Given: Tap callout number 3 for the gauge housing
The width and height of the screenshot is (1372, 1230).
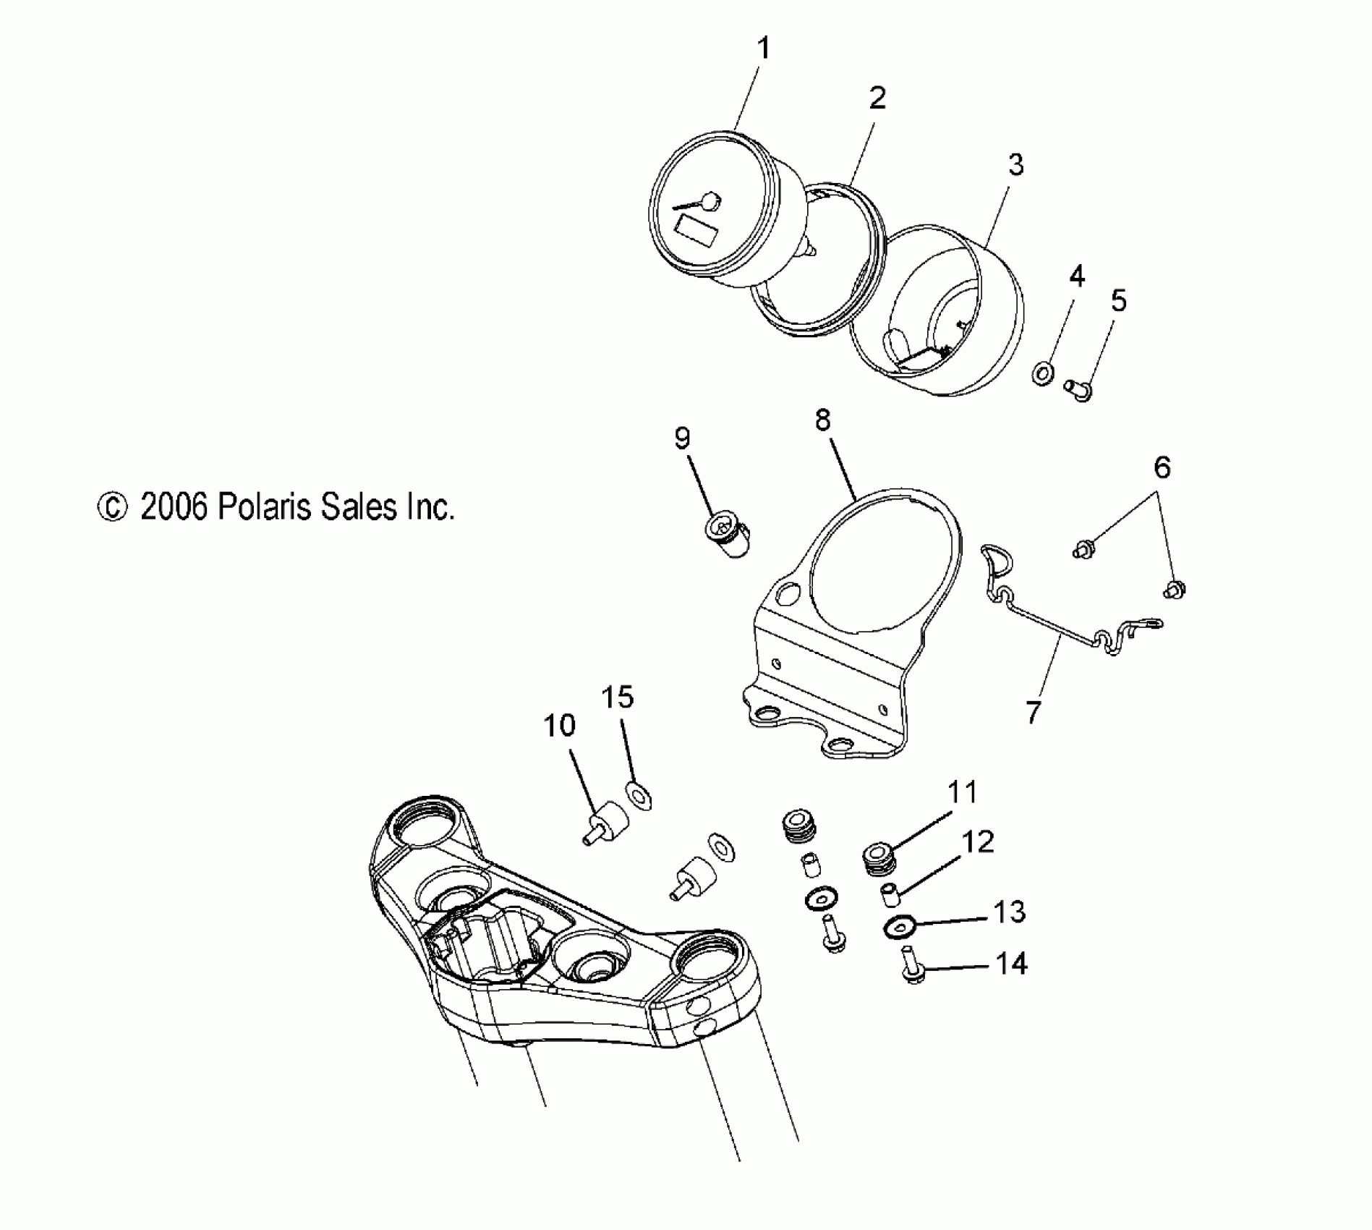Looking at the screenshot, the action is [x=1016, y=166].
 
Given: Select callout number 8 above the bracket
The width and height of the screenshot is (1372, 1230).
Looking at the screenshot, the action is [x=823, y=420].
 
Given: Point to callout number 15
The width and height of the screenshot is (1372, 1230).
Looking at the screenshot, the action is [x=617, y=697].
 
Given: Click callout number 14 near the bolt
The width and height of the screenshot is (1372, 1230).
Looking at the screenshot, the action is [x=1012, y=964].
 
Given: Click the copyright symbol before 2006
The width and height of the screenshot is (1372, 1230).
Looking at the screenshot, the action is [x=112, y=507].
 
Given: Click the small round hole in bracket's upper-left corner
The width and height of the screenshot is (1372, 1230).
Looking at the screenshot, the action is [x=786, y=593].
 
